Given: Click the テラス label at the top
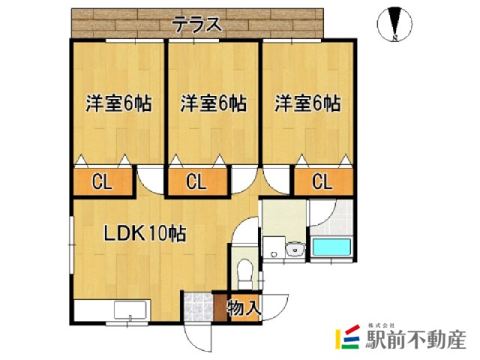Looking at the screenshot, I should [x=198, y=24].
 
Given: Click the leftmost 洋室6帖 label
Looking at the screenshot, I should [x=118, y=103].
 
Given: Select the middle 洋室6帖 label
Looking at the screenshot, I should [x=214, y=103].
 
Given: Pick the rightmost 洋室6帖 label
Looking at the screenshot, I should [x=307, y=103].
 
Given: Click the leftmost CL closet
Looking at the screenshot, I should [x=103, y=181].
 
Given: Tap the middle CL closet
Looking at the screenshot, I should [x=196, y=181].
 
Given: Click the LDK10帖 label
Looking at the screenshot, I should [x=145, y=233].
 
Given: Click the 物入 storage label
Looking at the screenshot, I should [x=244, y=307].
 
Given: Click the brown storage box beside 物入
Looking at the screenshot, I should [x=220, y=307].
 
